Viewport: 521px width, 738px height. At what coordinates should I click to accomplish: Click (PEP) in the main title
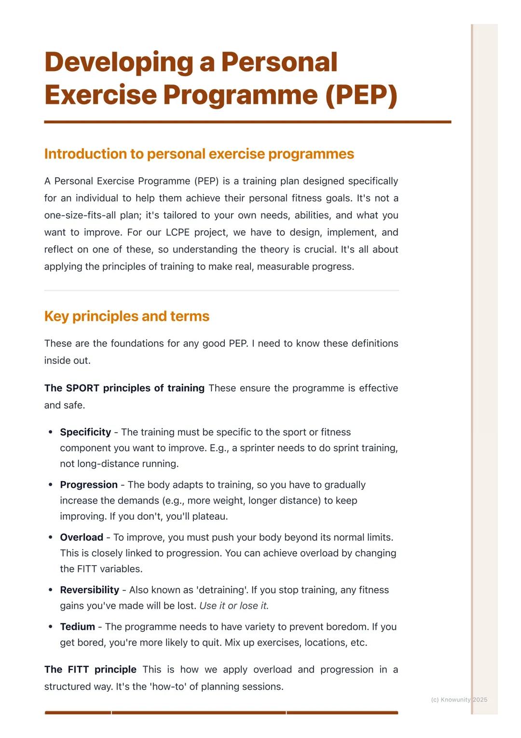coord(361,95)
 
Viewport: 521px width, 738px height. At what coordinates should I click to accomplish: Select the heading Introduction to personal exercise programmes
coord(199,154)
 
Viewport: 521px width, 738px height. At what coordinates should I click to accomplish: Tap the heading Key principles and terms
coord(126,316)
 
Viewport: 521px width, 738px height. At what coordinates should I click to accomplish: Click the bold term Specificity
coord(85,432)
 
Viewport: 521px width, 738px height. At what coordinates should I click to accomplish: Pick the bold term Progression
coord(89,484)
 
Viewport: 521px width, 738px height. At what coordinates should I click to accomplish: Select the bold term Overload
coord(82,537)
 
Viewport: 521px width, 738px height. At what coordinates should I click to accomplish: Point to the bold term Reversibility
coord(89,590)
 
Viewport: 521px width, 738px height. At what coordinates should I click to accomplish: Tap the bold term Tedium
coord(77,626)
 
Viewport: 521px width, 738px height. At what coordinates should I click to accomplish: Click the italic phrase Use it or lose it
coord(234,606)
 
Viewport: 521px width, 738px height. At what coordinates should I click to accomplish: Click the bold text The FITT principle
coord(90,669)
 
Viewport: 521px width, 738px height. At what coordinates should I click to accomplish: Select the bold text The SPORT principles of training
coord(124,388)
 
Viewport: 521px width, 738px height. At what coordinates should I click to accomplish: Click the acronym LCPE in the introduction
coord(177,232)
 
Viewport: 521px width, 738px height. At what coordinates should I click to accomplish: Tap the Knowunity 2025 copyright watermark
coord(459,699)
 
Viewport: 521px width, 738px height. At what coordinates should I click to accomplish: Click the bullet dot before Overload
coord(50,537)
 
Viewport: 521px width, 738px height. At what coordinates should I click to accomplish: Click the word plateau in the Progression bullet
coord(209,516)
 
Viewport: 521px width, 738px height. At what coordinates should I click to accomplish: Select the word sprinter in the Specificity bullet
coord(257,448)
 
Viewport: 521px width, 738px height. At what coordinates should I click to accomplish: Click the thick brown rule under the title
coord(247,122)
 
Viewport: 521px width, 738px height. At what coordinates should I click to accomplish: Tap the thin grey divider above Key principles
coord(221,290)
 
